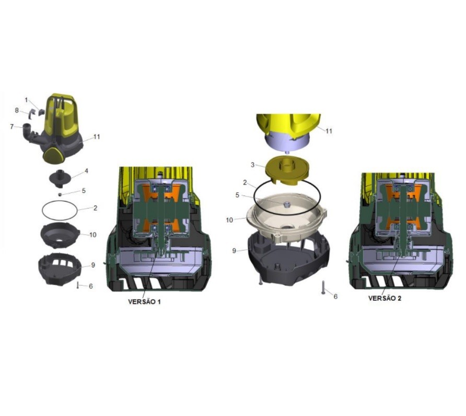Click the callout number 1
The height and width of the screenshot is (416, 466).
26,100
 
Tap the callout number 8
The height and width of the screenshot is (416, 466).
17,111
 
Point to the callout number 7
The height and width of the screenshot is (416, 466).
12,127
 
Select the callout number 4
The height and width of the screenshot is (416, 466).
87,171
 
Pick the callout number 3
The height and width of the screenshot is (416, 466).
253,165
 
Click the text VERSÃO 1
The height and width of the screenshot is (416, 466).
144,302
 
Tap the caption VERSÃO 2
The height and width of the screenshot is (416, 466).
385,298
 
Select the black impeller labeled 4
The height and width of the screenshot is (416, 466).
60,178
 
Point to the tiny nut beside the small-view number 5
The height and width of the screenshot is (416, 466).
60,194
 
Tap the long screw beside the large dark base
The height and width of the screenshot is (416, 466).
323,288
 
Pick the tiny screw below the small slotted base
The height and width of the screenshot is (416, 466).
77,285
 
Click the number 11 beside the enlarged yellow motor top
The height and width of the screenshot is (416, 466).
329,131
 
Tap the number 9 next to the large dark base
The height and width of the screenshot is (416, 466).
234,251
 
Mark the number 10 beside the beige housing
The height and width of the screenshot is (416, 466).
229,221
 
